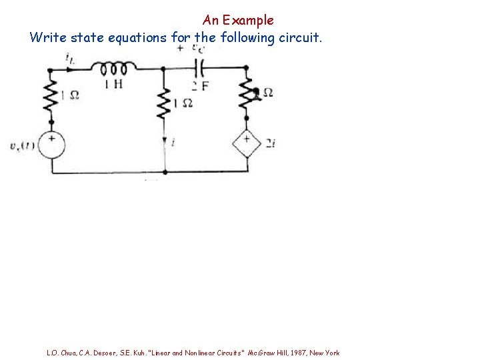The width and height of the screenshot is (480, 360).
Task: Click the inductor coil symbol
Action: [x=114, y=67]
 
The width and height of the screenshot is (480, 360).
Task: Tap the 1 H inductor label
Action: [x=113, y=84]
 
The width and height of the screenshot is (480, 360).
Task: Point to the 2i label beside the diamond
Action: [x=270, y=143]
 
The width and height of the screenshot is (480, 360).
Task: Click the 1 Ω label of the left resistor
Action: [x=70, y=95]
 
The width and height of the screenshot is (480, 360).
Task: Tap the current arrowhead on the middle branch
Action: [x=164, y=141]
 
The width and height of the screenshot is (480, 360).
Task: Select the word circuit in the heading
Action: [x=299, y=37]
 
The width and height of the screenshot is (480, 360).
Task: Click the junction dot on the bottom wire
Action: [x=165, y=173]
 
